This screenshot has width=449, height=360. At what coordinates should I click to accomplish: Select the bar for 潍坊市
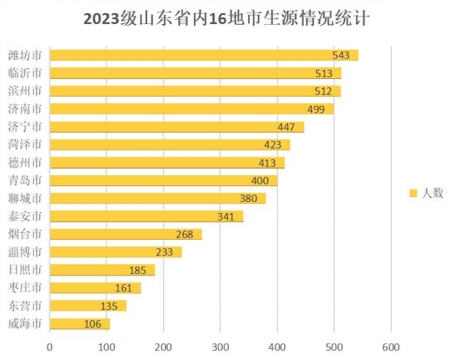(x=204, y=55)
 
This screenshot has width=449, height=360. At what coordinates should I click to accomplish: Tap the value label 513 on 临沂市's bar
(x=322, y=74)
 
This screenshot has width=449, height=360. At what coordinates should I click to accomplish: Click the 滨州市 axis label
(x=25, y=91)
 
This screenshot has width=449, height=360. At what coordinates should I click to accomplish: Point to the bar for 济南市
(x=191, y=109)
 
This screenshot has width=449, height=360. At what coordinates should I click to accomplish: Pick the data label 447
(x=286, y=127)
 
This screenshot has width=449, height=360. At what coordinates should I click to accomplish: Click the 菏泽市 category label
(x=25, y=145)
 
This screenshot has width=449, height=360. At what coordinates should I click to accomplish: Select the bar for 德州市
(x=166, y=163)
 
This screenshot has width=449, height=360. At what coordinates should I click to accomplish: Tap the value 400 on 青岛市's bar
(x=260, y=181)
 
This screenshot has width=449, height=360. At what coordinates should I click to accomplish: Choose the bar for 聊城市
(x=157, y=199)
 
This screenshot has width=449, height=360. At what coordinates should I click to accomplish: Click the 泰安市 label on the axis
(x=25, y=216)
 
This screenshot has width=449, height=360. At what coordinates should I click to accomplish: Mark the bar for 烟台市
(x=126, y=234)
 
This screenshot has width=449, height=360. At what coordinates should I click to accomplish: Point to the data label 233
(x=165, y=252)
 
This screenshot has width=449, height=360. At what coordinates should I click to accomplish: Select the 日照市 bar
(x=102, y=270)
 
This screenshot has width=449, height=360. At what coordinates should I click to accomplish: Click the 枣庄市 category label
(x=25, y=288)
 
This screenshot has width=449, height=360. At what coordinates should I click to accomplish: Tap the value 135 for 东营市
(x=110, y=306)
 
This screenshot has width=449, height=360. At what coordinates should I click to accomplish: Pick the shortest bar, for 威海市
(x=80, y=324)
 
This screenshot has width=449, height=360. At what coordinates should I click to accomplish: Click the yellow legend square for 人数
(x=414, y=194)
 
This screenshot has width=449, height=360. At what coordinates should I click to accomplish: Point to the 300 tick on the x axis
(x=221, y=347)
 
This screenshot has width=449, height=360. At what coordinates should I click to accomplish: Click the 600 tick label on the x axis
(x=391, y=347)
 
